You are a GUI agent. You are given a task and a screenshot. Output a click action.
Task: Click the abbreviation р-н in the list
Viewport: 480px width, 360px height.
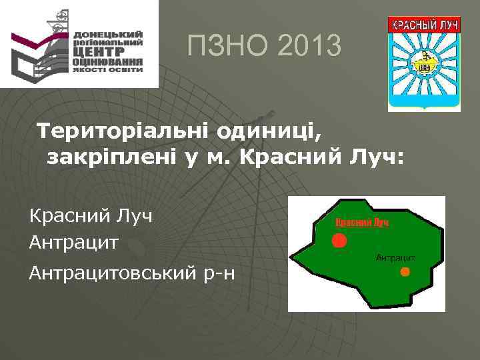point(219,273)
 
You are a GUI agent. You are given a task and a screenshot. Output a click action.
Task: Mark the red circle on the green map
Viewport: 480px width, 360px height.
point(340,240)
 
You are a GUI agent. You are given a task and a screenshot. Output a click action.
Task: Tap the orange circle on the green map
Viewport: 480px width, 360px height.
point(405,271)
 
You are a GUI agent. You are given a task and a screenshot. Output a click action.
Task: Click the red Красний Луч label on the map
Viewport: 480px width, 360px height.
point(361,223)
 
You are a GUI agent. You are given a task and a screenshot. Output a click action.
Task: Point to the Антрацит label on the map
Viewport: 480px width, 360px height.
point(395,257)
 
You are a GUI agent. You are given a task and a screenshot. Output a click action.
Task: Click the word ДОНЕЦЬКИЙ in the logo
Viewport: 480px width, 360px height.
point(108,34)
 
